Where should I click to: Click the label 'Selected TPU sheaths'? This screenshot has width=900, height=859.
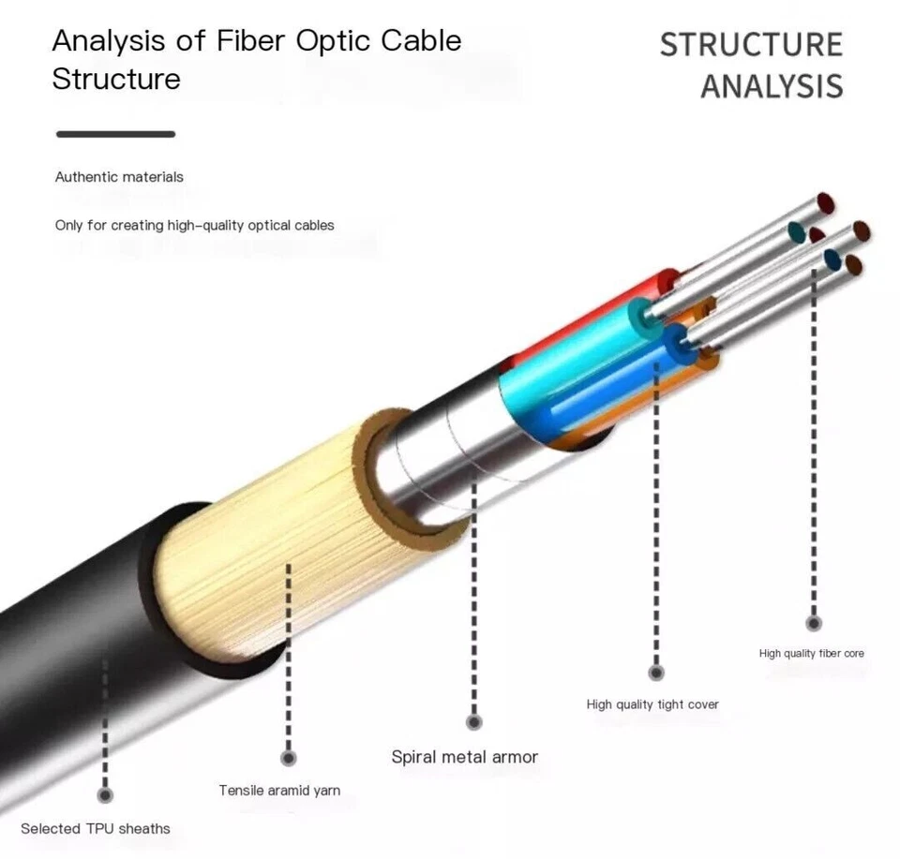96,828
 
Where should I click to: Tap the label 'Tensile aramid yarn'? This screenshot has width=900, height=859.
279,791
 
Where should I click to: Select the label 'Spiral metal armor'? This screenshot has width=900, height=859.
464,757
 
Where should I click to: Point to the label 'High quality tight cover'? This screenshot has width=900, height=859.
652,704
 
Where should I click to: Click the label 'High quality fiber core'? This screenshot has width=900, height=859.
811,653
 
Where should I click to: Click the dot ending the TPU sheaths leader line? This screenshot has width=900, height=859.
106,795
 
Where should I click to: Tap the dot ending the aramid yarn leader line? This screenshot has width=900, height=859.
289,758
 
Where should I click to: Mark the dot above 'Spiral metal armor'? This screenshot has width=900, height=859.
474,721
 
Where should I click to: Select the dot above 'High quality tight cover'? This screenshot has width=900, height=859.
656,673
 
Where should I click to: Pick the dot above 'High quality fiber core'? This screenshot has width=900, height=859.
814,623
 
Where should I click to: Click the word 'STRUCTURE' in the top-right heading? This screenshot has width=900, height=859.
751,45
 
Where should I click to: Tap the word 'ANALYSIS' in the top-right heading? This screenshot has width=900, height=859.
772,86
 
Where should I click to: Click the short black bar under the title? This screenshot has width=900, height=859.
115,134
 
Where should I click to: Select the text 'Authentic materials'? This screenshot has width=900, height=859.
119,177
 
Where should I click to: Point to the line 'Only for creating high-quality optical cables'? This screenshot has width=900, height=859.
194,226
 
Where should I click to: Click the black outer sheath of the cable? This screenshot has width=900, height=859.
75,656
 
